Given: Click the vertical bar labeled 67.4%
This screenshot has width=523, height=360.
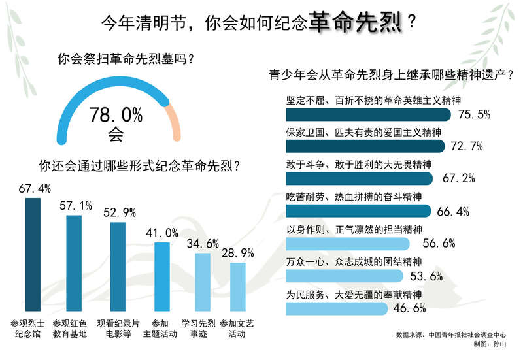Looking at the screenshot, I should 33,255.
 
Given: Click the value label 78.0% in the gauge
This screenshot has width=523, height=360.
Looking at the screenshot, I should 116,116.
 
